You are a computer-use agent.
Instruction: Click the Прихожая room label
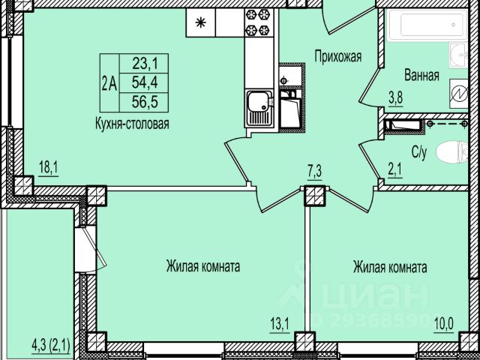(x=338, y=57)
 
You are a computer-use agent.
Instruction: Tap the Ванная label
(x=421, y=75)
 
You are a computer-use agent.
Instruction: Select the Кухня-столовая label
(x=132, y=124)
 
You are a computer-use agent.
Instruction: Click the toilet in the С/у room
(x=452, y=151)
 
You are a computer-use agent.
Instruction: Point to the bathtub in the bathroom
(x=427, y=25)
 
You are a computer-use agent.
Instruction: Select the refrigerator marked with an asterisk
(x=200, y=22)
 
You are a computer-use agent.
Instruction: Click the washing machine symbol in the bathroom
(x=458, y=94)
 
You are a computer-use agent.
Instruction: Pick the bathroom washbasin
(x=458, y=55)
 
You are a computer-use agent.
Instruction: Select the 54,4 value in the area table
(x=145, y=82)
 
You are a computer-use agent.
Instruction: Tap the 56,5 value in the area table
(x=145, y=102)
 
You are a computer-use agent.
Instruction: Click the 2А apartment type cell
(x=109, y=83)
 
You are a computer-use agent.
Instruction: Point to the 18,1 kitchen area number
(x=48, y=168)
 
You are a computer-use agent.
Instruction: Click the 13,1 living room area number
(x=280, y=325)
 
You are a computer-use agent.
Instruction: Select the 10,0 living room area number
(x=444, y=325)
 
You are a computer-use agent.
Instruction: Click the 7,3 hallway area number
(x=314, y=172)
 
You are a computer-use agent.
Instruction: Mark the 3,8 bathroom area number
(x=395, y=98)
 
